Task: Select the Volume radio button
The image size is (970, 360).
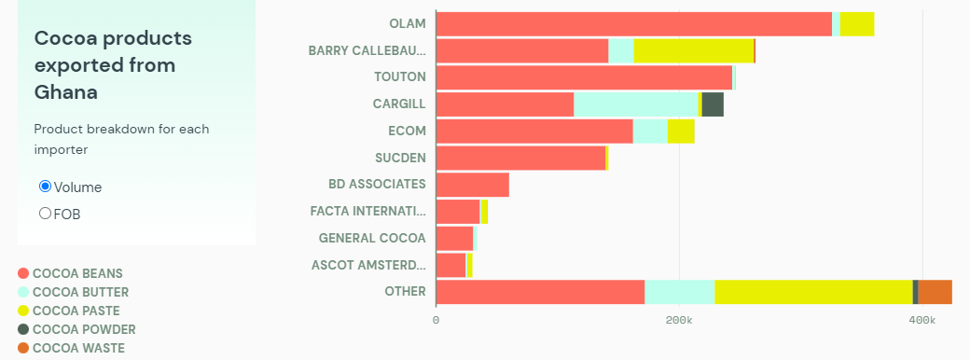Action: (45, 187)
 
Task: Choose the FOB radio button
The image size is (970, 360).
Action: (45, 214)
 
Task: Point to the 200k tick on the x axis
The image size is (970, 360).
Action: (679, 320)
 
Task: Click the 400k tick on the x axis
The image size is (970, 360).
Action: (921, 320)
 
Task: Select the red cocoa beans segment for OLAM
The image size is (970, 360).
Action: (633, 24)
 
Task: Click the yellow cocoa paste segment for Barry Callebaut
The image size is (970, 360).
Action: (693, 51)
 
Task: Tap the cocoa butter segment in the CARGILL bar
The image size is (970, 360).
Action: (635, 105)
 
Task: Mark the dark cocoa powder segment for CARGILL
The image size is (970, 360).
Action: (713, 105)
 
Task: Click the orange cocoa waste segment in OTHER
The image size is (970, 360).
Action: (935, 292)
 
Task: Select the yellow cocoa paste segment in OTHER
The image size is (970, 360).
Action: (813, 292)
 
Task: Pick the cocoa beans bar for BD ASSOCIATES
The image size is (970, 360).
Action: (472, 185)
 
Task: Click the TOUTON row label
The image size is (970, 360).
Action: (399, 76)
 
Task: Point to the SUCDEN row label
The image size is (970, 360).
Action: (400, 158)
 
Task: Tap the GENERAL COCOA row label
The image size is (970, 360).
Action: (372, 238)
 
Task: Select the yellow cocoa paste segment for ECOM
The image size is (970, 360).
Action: (681, 132)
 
